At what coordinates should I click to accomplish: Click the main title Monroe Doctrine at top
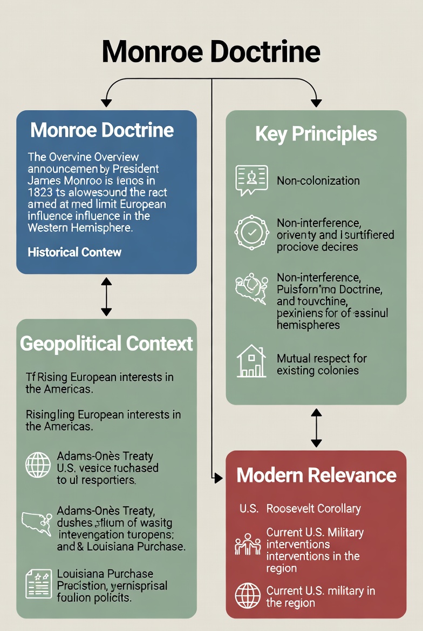click(211, 52)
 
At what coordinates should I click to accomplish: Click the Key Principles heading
click(316, 134)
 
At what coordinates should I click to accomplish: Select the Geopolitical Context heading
click(106, 344)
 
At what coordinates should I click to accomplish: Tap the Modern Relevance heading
click(316, 475)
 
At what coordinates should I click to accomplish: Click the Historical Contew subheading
click(74, 252)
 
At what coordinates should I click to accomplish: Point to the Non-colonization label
click(318, 180)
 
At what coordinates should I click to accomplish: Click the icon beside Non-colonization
click(251, 180)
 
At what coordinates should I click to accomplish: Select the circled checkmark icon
click(251, 231)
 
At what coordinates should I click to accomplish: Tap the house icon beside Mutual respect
click(251, 361)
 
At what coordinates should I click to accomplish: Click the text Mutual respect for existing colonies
click(322, 364)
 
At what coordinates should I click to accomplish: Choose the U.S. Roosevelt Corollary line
click(300, 508)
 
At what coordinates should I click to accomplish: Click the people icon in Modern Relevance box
click(248, 545)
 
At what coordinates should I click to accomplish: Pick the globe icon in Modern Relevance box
click(248, 596)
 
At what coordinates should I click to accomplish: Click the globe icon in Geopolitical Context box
click(38, 465)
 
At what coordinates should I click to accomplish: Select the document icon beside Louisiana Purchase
click(38, 584)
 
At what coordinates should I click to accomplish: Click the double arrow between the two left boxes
click(106, 297)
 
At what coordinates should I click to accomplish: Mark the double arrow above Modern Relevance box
click(316, 427)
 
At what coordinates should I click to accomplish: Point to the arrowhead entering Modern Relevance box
click(218, 478)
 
